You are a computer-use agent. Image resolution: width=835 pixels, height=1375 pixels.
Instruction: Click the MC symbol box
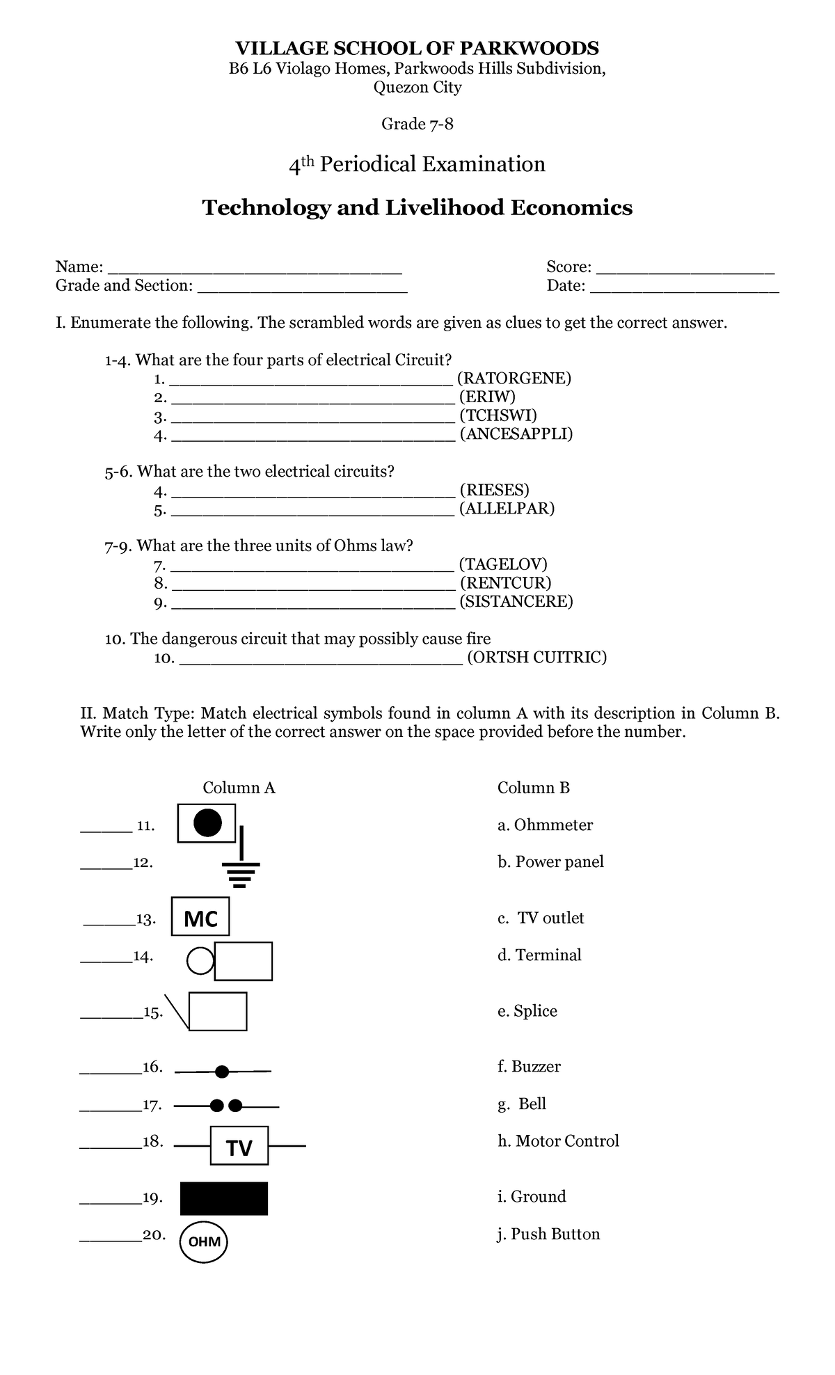coord(201,918)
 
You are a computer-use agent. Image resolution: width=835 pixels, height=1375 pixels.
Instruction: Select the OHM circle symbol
coord(204,1241)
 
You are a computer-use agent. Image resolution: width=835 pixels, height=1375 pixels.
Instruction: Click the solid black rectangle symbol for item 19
coord(223,1198)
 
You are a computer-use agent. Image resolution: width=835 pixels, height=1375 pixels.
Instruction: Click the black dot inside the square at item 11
coord(207,823)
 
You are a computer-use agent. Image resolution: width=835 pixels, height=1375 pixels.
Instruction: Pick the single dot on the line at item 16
coord(222,1072)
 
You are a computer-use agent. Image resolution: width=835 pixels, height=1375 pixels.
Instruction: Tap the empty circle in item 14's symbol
coord(200,961)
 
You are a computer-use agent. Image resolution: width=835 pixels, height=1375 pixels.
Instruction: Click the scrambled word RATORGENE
coord(514,379)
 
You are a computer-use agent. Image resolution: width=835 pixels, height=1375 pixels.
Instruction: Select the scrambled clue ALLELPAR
coord(507,509)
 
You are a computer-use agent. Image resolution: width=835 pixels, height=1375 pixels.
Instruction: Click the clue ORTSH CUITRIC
coord(536,658)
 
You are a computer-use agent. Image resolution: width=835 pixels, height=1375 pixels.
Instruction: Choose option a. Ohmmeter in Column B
coord(545,825)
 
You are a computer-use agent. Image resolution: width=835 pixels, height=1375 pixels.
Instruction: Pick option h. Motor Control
coord(558,1140)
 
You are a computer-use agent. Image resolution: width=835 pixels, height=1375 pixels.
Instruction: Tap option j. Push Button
coord(548,1234)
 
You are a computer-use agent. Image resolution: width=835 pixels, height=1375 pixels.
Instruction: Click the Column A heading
coord(239,788)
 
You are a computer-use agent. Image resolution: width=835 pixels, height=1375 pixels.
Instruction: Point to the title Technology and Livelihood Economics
coord(417,207)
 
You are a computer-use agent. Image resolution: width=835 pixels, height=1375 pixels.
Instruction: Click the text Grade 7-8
coord(417,124)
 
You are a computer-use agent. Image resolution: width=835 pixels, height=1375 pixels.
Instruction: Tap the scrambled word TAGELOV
coord(504,564)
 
